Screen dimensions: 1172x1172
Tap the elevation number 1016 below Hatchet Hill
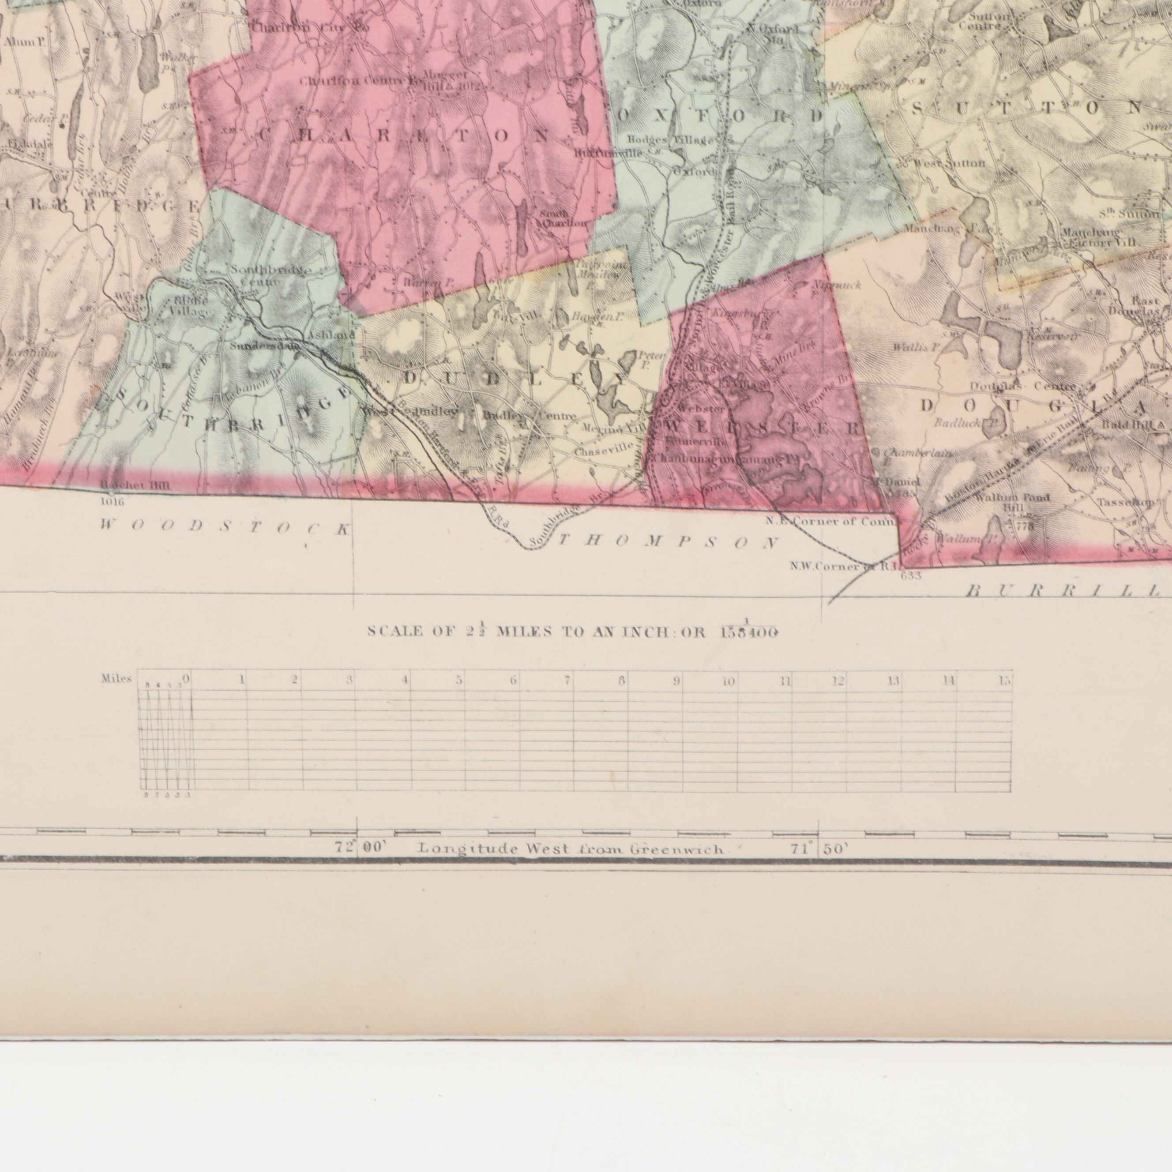[112, 502]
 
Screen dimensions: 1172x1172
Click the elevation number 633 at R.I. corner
[911, 576]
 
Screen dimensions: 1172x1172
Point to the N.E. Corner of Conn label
[830, 521]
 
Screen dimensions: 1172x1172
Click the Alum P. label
[26, 42]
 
